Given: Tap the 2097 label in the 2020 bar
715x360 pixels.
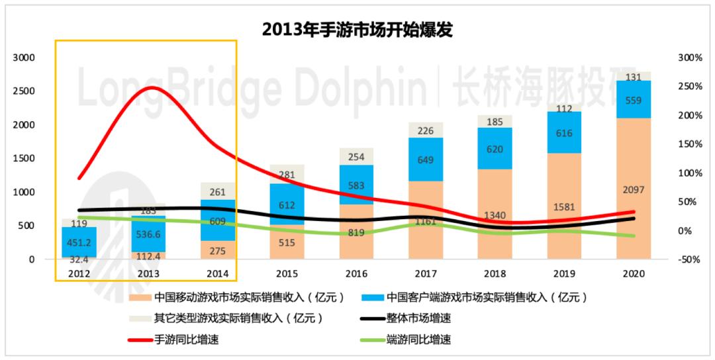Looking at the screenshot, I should click(x=634, y=190).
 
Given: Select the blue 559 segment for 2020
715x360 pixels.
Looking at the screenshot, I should click(x=634, y=99).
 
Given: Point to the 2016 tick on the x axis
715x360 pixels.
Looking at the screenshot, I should click(x=356, y=273).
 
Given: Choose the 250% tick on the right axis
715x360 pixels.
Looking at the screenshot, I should click(x=690, y=87).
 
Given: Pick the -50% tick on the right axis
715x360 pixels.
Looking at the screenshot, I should click(x=690, y=260).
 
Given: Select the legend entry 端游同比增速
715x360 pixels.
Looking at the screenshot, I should click(x=419, y=339).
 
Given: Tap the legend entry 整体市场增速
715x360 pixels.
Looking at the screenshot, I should click(x=419, y=318).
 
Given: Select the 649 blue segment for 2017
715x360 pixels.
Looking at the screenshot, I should click(x=426, y=159).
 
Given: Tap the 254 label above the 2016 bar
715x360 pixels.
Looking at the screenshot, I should click(x=356, y=157).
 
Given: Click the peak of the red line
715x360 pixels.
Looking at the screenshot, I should click(x=152, y=87).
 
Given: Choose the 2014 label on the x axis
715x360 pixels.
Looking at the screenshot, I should click(x=218, y=273).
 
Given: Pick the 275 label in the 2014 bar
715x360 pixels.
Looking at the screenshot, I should click(x=218, y=251).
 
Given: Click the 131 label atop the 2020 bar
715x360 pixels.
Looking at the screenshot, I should click(x=634, y=77).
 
